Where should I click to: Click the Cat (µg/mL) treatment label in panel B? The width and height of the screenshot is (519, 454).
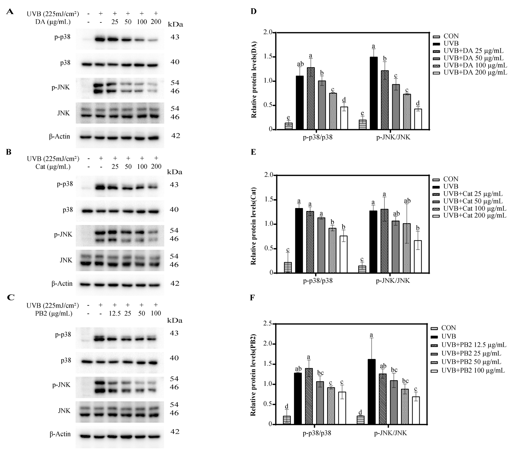pos(53,166)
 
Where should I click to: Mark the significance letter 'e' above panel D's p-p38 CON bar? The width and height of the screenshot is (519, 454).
pos(288,118)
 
